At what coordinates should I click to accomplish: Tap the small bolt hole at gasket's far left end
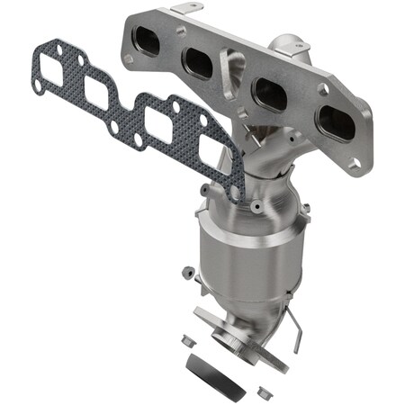pos(37,85)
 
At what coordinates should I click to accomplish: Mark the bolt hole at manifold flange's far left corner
pos(129,58)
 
